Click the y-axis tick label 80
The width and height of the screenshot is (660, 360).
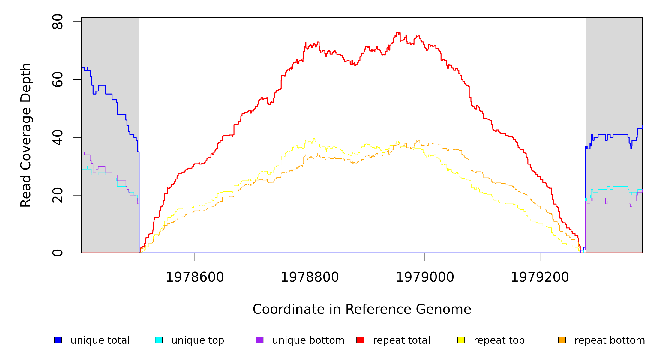coord(58,22)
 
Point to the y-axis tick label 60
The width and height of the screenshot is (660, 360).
coord(58,79)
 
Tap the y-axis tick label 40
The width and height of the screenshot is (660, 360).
coord(58,137)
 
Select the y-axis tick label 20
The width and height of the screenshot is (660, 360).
coord(58,195)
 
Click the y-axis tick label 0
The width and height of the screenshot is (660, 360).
coord(58,253)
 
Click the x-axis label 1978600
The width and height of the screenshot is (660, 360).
coord(195,277)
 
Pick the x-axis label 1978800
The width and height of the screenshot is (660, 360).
coord(310,277)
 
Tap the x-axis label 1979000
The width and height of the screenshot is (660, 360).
coord(425,277)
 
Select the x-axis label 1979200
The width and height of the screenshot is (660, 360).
coord(540,277)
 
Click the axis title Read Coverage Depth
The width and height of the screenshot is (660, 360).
coord(26,135)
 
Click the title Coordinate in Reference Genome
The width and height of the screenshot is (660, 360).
coord(362,309)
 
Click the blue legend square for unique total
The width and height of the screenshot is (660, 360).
coord(58,340)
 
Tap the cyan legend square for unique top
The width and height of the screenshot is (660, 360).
coord(159,340)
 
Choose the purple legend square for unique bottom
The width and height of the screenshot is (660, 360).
coord(259,340)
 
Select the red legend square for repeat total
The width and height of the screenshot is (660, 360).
coord(360,340)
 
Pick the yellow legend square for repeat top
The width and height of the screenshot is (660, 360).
coord(461,340)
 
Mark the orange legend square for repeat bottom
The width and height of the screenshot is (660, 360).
coord(562,340)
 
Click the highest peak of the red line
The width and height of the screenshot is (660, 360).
coord(398,32)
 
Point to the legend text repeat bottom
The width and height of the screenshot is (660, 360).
coord(610,340)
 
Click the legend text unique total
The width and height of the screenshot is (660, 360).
coord(100,340)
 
